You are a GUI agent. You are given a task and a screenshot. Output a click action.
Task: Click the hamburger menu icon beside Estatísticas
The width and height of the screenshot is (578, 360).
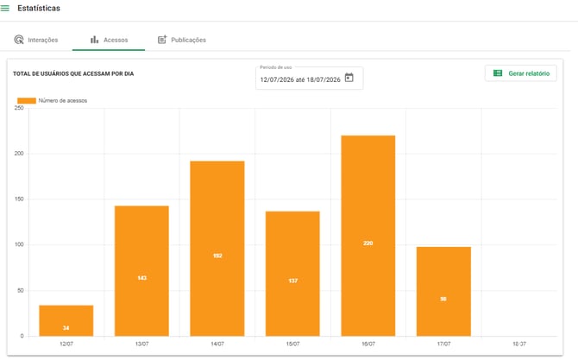pos(5,8)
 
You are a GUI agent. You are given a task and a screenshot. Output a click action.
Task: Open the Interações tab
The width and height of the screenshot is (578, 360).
pos(36,40)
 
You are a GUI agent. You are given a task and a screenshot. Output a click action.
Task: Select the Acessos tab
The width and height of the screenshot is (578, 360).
pos(109,40)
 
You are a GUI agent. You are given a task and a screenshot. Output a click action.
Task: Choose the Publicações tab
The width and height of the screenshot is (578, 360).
pos(182,40)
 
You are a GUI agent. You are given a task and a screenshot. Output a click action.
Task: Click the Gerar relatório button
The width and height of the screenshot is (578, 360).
pos(521,73)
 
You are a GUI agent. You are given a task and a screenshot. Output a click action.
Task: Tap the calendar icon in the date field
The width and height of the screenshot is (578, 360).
pos(349,78)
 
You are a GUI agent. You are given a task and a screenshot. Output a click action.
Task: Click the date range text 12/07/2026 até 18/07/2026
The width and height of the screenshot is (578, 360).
pos(300,79)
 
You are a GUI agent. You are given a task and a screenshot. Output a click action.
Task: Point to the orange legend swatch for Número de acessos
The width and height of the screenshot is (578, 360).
pos(27,101)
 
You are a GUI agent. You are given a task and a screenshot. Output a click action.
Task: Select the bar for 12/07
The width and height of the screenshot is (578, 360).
pos(66,320)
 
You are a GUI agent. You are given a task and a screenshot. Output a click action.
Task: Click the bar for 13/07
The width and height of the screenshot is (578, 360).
pos(142,271)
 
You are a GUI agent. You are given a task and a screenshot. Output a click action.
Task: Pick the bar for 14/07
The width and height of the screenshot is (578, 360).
pos(217,249)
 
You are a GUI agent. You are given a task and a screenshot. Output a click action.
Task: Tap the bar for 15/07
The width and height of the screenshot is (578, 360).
pos(292,274)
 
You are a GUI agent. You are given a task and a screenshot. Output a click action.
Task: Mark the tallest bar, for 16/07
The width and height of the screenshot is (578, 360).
pos(368,236)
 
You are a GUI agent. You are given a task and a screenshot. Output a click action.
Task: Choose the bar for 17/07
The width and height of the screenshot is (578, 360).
pos(443,292)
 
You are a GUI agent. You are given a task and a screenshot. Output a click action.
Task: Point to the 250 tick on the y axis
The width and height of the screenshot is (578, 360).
pos(19,108)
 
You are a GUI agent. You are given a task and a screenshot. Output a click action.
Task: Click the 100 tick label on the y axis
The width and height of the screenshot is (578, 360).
pos(19,244)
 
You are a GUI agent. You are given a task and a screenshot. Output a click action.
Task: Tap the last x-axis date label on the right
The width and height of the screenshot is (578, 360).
pos(519,344)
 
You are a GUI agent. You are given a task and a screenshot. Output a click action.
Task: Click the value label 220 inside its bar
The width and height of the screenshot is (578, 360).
pos(368,243)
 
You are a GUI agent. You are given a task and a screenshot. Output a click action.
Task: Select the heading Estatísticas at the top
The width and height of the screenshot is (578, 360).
pos(39,8)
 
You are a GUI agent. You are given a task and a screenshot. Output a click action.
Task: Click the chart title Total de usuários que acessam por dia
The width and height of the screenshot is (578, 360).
pos(73,73)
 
